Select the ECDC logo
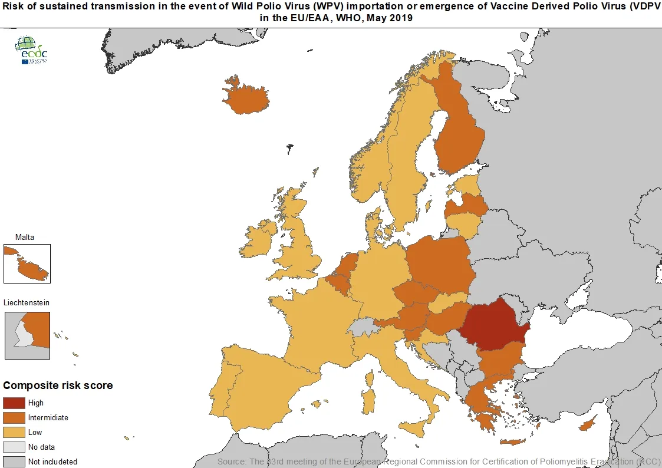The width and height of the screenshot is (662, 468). click(31, 50)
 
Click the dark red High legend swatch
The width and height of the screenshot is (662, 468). click(14, 403)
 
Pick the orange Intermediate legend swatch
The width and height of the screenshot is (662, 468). click(14, 418)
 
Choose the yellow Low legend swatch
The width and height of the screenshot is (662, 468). click(14, 433)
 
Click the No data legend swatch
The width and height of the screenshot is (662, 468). click(14, 447)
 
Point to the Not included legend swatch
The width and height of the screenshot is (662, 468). click(14, 462)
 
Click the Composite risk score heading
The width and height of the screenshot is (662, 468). click(58, 385)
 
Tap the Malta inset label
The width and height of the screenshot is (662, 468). click(25, 237)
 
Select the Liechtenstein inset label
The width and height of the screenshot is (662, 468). click(27, 302)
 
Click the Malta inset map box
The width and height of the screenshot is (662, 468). click(27, 264)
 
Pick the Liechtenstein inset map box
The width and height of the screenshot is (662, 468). click(27, 335)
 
